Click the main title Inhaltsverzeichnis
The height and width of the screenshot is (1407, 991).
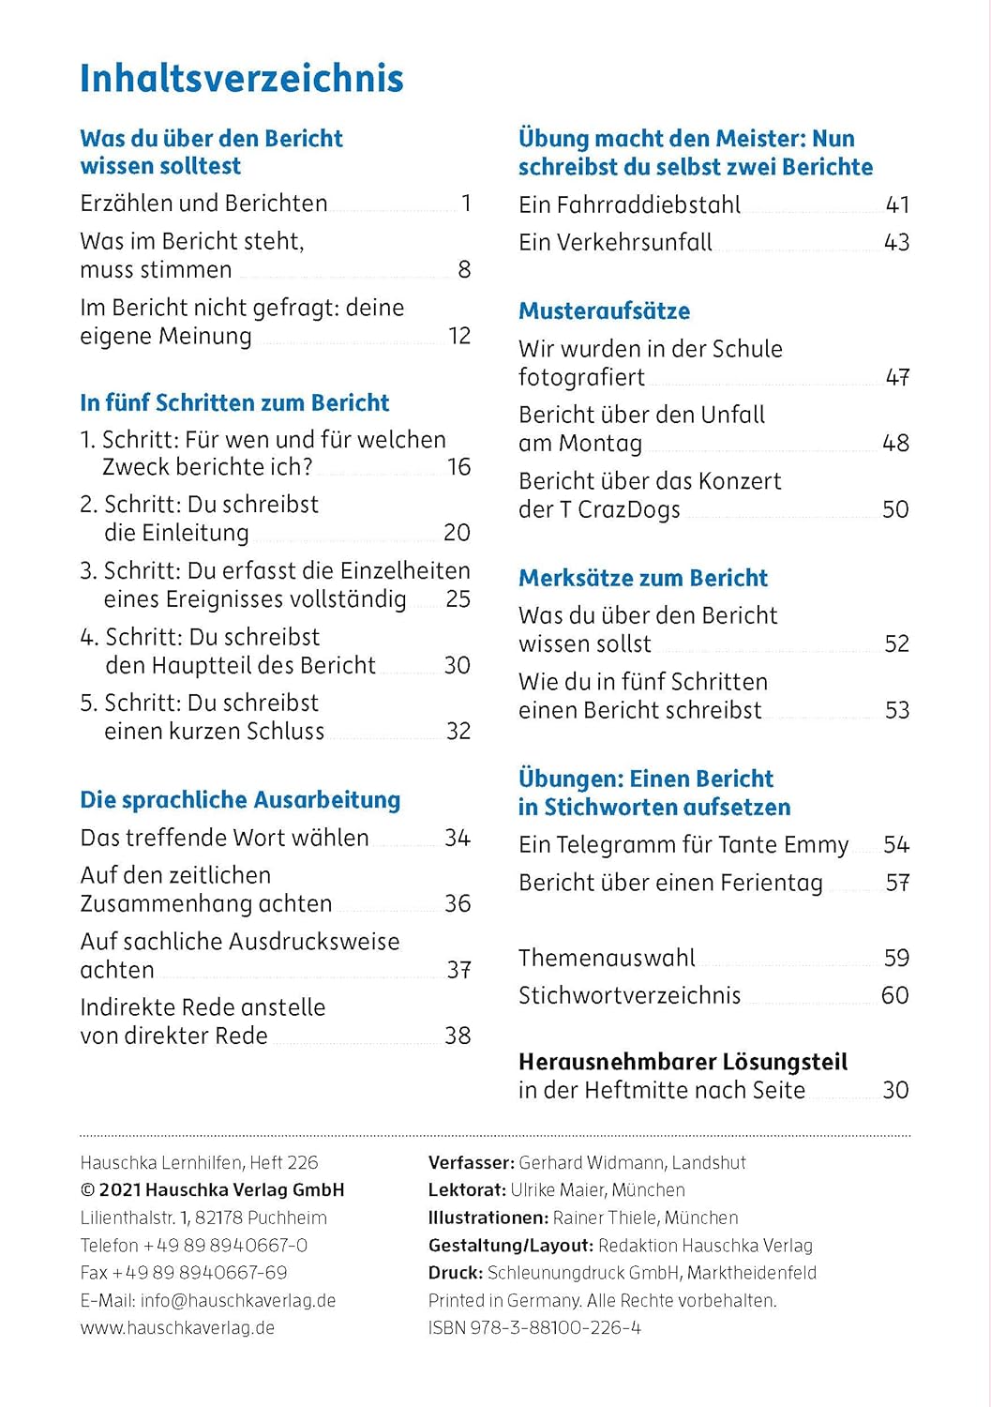(241, 79)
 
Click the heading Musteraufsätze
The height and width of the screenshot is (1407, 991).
(604, 310)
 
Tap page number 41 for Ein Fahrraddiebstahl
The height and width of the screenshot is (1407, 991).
(896, 204)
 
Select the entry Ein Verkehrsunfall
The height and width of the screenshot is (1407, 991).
(615, 242)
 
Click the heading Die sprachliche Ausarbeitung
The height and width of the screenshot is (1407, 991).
(240, 800)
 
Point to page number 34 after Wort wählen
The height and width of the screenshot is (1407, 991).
(457, 838)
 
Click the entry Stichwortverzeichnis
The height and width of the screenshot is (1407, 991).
(629, 995)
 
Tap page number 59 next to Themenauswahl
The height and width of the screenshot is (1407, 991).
(896, 958)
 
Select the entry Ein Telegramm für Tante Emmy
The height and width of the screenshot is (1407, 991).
(683, 845)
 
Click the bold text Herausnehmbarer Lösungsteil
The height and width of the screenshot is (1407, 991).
(683, 1062)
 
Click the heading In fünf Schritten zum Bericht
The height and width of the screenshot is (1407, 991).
(234, 402)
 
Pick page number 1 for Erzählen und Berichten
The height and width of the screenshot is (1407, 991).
(466, 204)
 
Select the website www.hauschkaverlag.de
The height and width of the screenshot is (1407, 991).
(177, 1327)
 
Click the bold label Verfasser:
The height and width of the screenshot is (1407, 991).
(471, 1162)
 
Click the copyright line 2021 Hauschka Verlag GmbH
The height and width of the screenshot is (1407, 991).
(221, 1189)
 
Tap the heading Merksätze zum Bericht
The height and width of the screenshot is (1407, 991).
(642, 578)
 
